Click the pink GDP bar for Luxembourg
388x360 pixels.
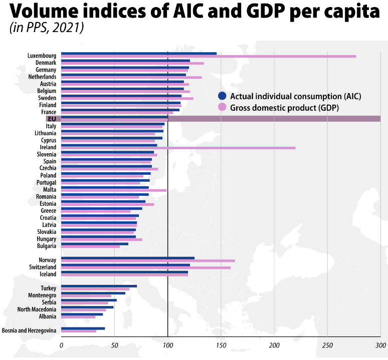(x=209, y=56)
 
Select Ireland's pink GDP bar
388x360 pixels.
(x=178, y=148)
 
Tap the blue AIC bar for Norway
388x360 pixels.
(x=127, y=258)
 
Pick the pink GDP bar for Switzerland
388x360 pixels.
(x=145, y=267)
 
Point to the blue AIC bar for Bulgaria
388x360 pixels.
(x=95, y=244)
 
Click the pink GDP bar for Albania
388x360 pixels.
(x=78, y=317)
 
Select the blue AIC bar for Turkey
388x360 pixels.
(x=99, y=286)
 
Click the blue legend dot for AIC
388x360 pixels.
(x=223, y=96)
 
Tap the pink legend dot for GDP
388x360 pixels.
(x=223, y=107)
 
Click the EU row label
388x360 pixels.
(x=51, y=119)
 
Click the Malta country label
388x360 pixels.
(x=50, y=190)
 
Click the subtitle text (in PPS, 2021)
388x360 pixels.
(x=47, y=29)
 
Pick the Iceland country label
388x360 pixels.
(x=47, y=274)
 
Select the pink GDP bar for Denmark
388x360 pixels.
(x=132, y=63)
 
